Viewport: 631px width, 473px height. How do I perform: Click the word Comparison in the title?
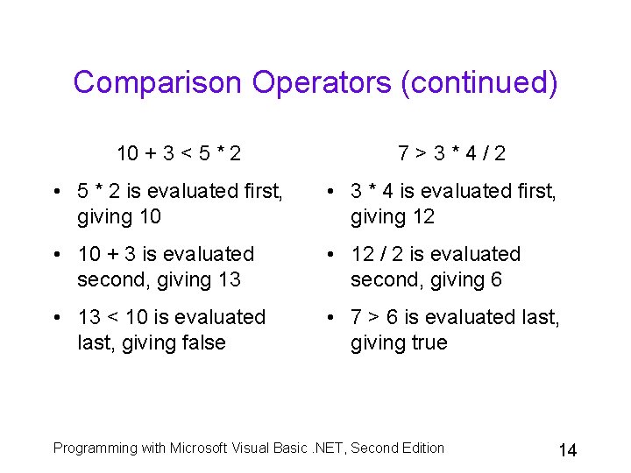click(x=157, y=82)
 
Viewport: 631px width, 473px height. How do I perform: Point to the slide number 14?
click(x=567, y=450)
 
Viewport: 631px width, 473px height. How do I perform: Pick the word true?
click(x=426, y=342)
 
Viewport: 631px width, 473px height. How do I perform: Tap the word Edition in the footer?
click(x=421, y=448)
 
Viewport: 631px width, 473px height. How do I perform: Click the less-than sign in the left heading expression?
click(x=186, y=154)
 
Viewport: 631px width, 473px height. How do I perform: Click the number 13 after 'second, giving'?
click(x=229, y=279)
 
